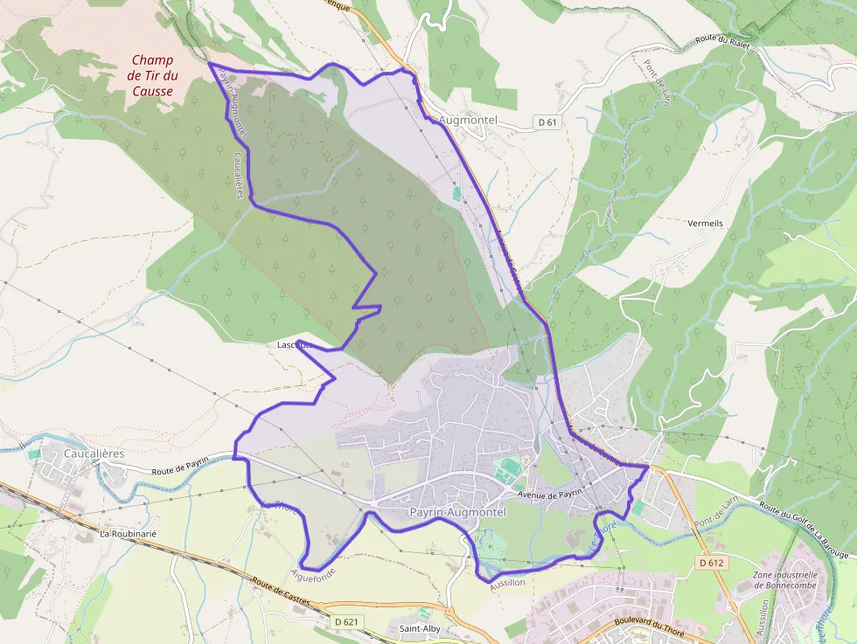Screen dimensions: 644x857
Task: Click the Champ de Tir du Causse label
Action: pos(152,75)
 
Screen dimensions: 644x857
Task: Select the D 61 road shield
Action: pos(547,122)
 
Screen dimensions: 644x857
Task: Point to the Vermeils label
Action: pos(706,224)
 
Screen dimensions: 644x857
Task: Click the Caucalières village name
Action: pos(94,454)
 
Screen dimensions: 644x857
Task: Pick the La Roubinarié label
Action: pos(128,533)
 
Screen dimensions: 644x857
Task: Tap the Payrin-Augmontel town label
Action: pos(457,513)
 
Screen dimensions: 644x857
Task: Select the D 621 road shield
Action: pos(346,621)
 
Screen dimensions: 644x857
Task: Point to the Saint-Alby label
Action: pos(420,629)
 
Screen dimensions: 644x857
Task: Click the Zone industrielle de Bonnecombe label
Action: pos(784,581)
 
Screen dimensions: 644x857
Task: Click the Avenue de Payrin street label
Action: pos(550,495)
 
